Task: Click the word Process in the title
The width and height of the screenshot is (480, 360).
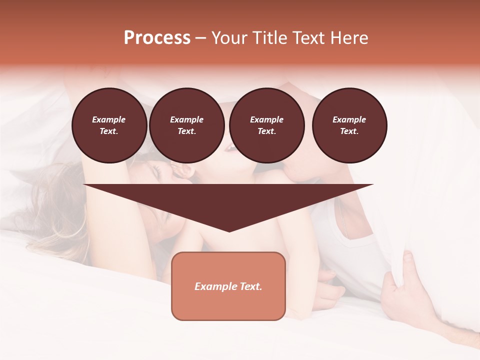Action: [157, 38]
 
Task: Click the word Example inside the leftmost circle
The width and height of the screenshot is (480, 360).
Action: [109, 119]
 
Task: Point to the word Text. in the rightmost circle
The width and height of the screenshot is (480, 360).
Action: [349, 131]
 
